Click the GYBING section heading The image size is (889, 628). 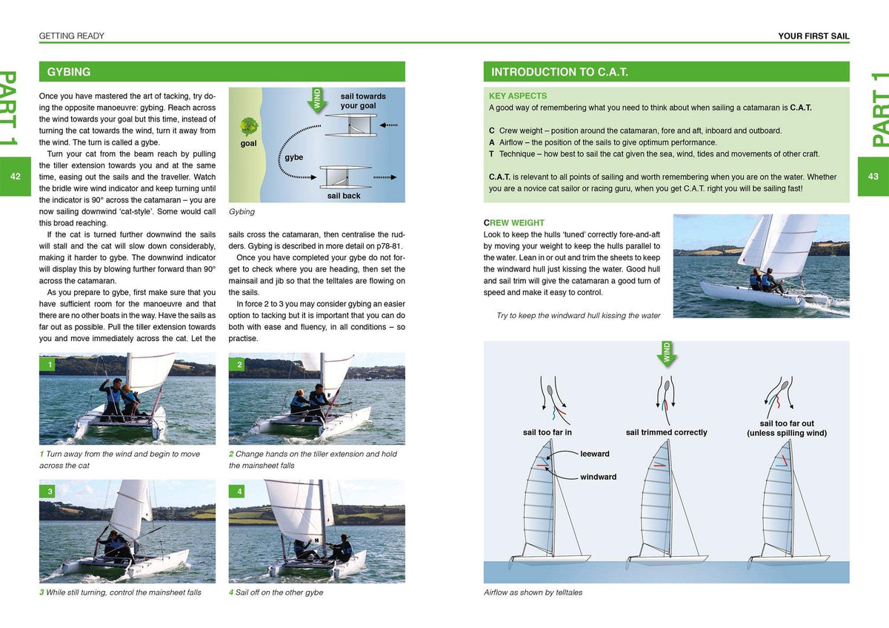click(x=69, y=72)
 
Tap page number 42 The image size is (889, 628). click(x=16, y=176)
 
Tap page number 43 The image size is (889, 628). click(x=873, y=176)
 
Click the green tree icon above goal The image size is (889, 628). click(x=249, y=125)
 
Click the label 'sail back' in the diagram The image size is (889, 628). click(x=344, y=196)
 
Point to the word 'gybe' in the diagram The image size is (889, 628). click(x=293, y=157)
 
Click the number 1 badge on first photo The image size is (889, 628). click(x=48, y=365)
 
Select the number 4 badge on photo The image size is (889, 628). click(x=239, y=492)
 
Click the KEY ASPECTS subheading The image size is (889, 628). click(x=518, y=96)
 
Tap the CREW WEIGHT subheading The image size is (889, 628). click(x=514, y=222)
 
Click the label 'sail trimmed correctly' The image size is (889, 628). click(x=666, y=432)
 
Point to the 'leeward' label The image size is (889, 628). click(x=594, y=454)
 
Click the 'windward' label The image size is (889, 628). click(x=598, y=477)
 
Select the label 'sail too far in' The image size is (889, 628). click(x=547, y=432)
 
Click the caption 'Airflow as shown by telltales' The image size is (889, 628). click(x=533, y=592)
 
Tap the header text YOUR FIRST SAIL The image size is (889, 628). click(x=813, y=36)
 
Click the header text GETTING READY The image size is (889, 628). click(x=71, y=36)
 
